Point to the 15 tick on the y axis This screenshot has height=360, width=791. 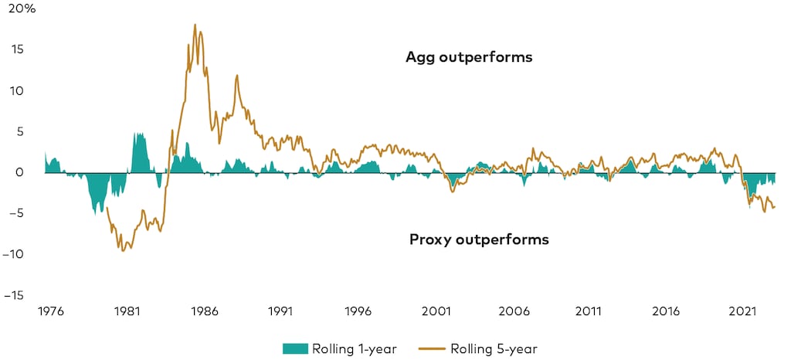(16, 49)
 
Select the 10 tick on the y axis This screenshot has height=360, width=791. (16, 90)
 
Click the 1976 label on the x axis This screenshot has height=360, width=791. (50, 312)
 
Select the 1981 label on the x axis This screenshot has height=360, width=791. (127, 312)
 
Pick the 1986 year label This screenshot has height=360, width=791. (204, 312)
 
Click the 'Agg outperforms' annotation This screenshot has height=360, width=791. (469, 58)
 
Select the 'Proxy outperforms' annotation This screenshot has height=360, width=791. (478, 239)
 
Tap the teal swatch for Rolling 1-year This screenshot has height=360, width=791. (300, 348)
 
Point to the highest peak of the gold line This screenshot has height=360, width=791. (195, 25)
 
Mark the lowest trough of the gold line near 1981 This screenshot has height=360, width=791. (124, 250)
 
